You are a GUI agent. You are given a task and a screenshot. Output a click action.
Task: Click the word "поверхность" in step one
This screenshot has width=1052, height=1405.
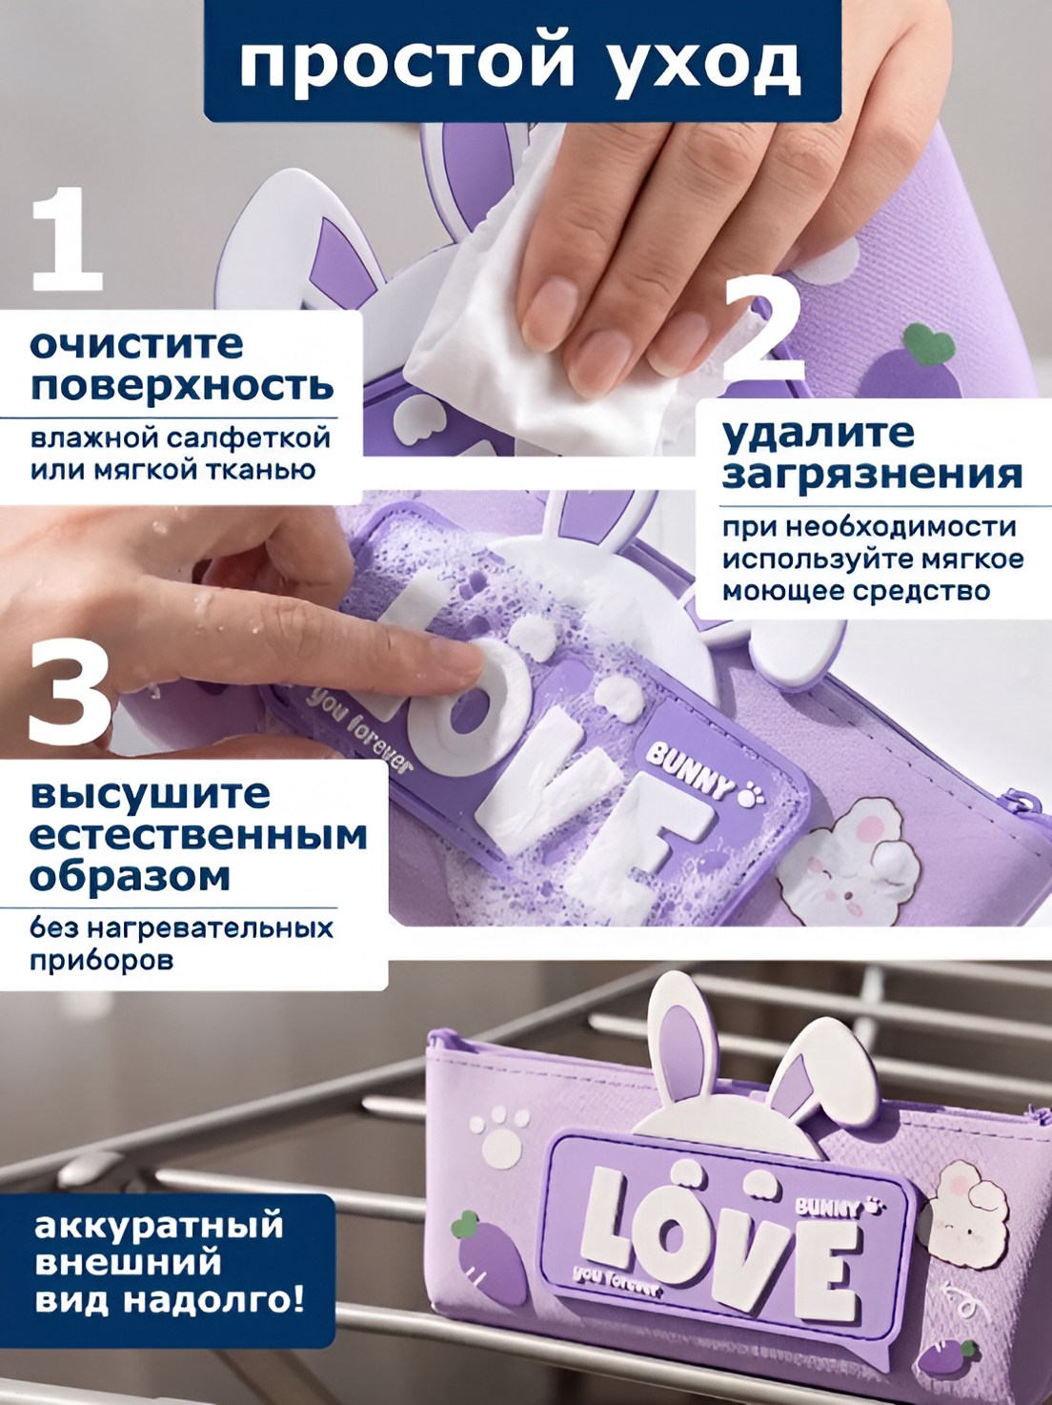(182, 386)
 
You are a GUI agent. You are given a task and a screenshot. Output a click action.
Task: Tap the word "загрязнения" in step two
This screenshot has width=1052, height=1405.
(872, 475)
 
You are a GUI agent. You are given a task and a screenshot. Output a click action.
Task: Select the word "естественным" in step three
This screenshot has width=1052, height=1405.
(198, 837)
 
